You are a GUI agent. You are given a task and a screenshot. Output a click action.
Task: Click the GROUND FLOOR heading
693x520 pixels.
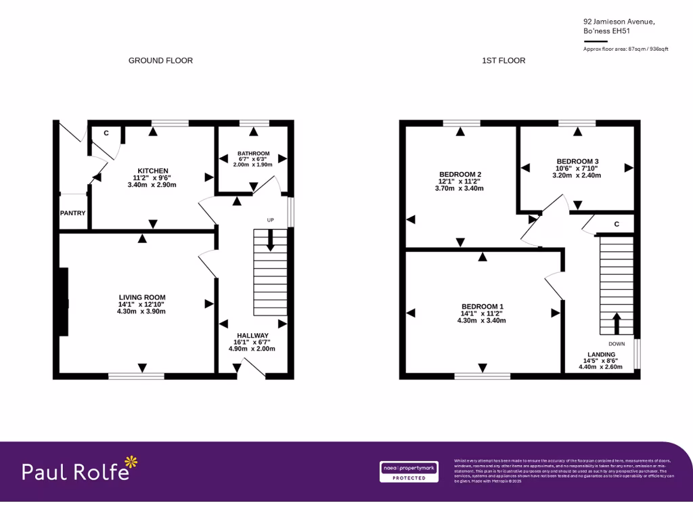click(160, 61)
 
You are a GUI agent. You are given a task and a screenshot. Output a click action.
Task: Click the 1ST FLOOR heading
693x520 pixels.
click(504, 61)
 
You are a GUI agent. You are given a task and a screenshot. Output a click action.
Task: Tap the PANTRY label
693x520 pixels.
click(73, 213)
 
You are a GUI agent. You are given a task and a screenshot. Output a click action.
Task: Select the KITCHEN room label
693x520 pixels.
click(153, 171)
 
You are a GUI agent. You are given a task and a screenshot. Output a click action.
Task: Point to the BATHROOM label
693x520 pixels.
click(253, 154)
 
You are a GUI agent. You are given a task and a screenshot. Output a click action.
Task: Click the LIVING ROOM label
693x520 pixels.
click(142, 297)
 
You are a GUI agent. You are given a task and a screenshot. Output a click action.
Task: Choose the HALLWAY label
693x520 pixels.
click(252, 336)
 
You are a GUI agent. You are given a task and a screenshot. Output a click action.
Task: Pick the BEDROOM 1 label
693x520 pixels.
click(482, 306)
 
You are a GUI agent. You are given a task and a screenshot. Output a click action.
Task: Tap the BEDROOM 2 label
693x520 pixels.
click(460, 174)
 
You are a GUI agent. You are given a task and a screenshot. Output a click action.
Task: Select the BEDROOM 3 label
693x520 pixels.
click(577, 161)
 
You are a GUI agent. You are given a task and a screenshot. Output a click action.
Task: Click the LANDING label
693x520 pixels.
click(601, 355)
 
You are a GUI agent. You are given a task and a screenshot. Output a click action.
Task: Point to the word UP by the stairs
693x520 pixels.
click(271, 221)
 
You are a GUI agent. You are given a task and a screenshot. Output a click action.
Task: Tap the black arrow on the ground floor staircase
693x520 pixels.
click(271, 240)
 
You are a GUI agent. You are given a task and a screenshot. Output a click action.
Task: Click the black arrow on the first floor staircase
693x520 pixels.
click(617, 323)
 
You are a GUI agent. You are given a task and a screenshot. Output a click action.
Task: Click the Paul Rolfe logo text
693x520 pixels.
click(75, 472)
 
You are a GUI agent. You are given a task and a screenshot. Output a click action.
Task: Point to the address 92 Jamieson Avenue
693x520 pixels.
click(619, 22)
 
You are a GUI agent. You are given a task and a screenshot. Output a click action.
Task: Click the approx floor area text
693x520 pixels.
click(625, 49)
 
